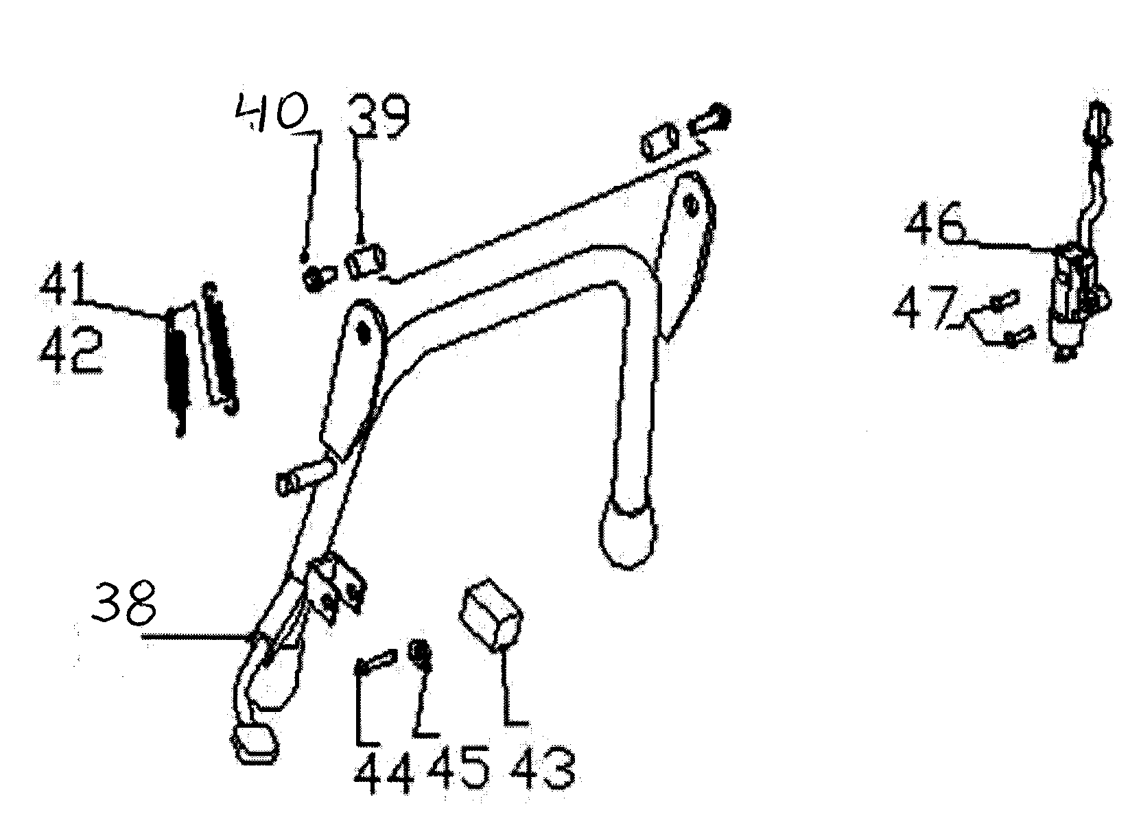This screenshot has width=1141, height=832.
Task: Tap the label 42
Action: pyautogui.click(x=71, y=350)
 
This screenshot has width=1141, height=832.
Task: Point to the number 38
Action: pyautogui.click(x=126, y=602)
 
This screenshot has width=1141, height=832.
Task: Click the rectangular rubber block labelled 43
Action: pyautogui.click(x=491, y=612)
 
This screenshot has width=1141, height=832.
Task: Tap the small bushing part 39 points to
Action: pyautogui.click(x=366, y=263)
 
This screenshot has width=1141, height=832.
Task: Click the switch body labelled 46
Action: pyautogui.click(x=1069, y=292)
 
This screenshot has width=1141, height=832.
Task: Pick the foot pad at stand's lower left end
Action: pyautogui.click(x=255, y=742)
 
